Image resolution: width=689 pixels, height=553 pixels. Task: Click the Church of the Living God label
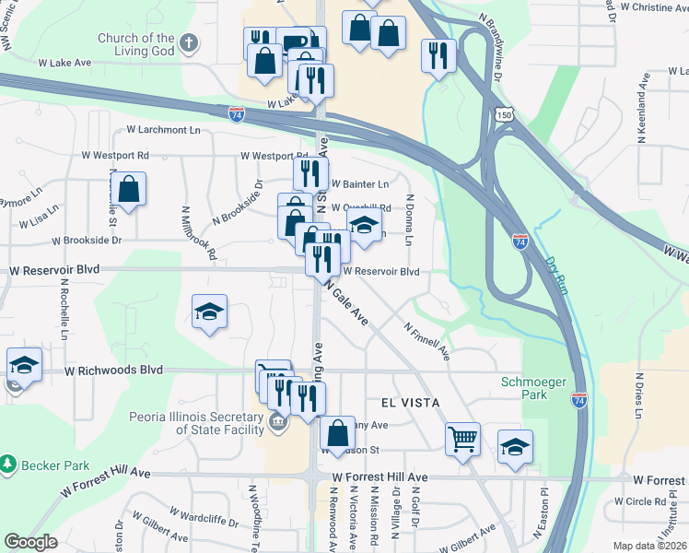click(x=136, y=44)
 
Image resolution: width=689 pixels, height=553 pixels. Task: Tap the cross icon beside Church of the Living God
click(x=189, y=42)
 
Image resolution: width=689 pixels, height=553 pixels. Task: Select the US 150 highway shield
click(x=503, y=113)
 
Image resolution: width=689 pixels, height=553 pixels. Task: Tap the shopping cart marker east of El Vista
click(x=462, y=438)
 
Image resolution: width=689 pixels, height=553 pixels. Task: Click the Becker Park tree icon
click(x=8, y=461)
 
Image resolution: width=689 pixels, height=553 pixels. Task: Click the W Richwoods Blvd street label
click(x=113, y=370)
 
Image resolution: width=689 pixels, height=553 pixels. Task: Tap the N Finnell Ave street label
click(x=426, y=340)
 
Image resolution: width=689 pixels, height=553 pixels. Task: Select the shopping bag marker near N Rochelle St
click(x=131, y=190)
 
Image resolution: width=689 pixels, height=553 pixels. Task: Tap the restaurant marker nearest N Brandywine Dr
click(x=438, y=54)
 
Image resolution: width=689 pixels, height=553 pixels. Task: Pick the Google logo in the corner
click(x=31, y=542)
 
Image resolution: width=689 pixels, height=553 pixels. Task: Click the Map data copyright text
click(x=650, y=546)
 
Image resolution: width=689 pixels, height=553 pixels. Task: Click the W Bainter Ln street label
click(x=359, y=184)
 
